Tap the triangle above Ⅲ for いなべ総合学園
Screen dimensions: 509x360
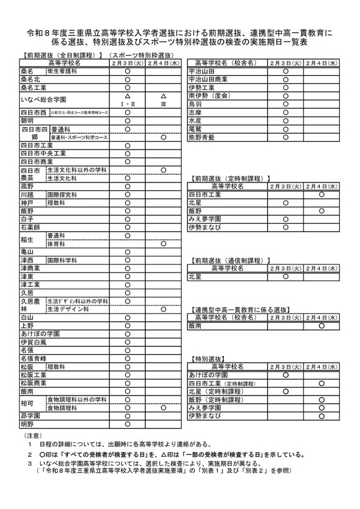(163, 96)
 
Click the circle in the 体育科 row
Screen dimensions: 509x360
(163, 244)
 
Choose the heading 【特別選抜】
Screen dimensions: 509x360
(208, 358)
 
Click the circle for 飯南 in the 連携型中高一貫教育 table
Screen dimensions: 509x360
(322, 326)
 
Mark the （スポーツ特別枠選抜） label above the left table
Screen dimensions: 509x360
(144, 55)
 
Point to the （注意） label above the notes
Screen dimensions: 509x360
(32, 435)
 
